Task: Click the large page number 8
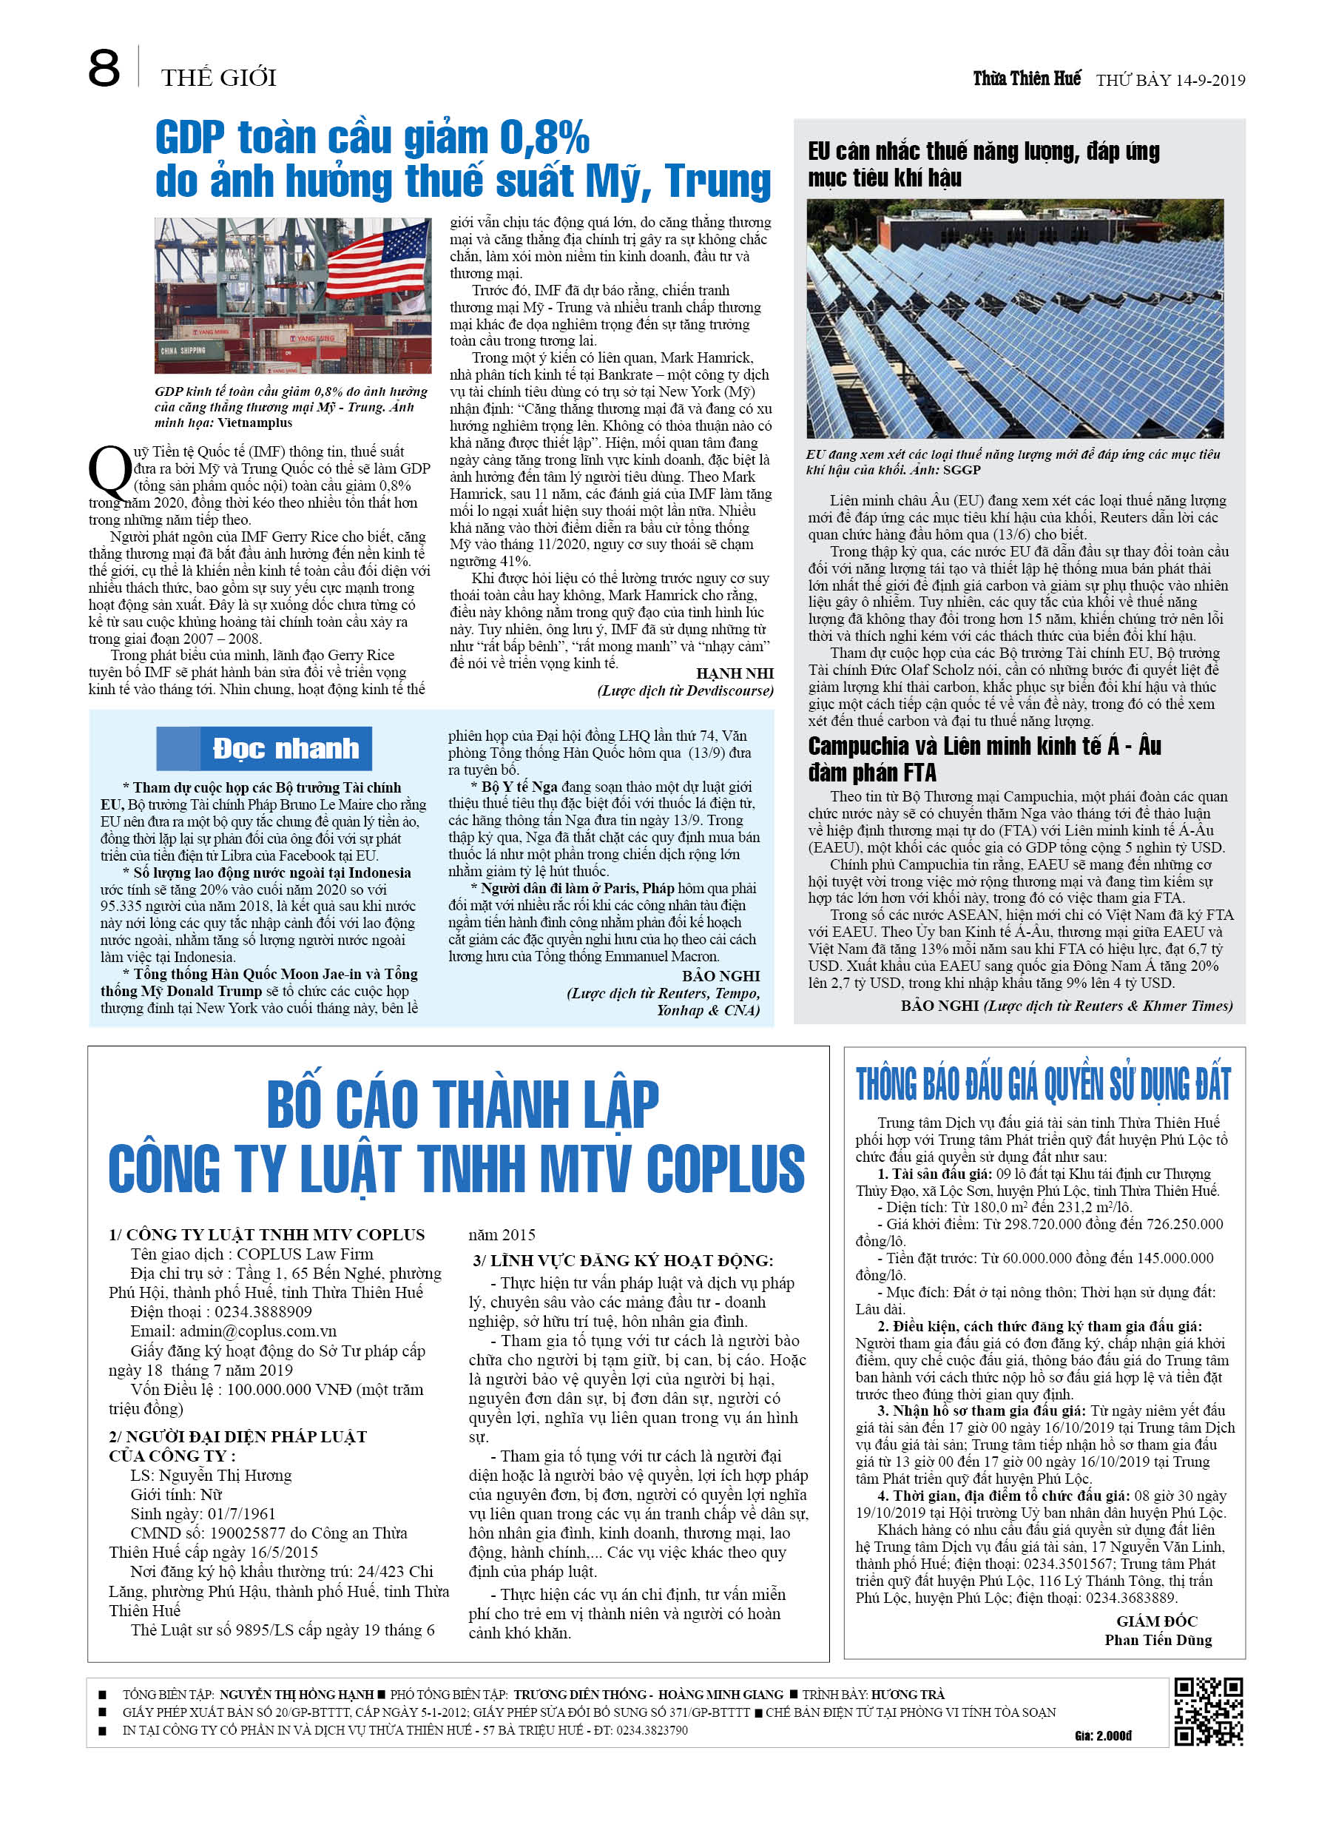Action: click(104, 69)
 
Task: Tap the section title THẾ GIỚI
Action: click(218, 78)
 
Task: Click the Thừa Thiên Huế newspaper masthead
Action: click(1026, 78)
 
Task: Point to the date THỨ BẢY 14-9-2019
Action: click(1170, 80)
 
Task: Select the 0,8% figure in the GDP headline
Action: click(544, 138)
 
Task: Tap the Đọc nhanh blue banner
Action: click(265, 749)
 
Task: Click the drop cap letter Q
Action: click(109, 472)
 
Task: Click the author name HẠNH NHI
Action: click(734, 673)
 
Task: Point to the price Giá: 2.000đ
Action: click(1103, 1735)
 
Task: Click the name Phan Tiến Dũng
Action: click(1158, 1640)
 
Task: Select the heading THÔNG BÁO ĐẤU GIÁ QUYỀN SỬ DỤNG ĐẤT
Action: click(1042, 1085)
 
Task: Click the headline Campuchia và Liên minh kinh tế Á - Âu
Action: click(984, 747)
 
